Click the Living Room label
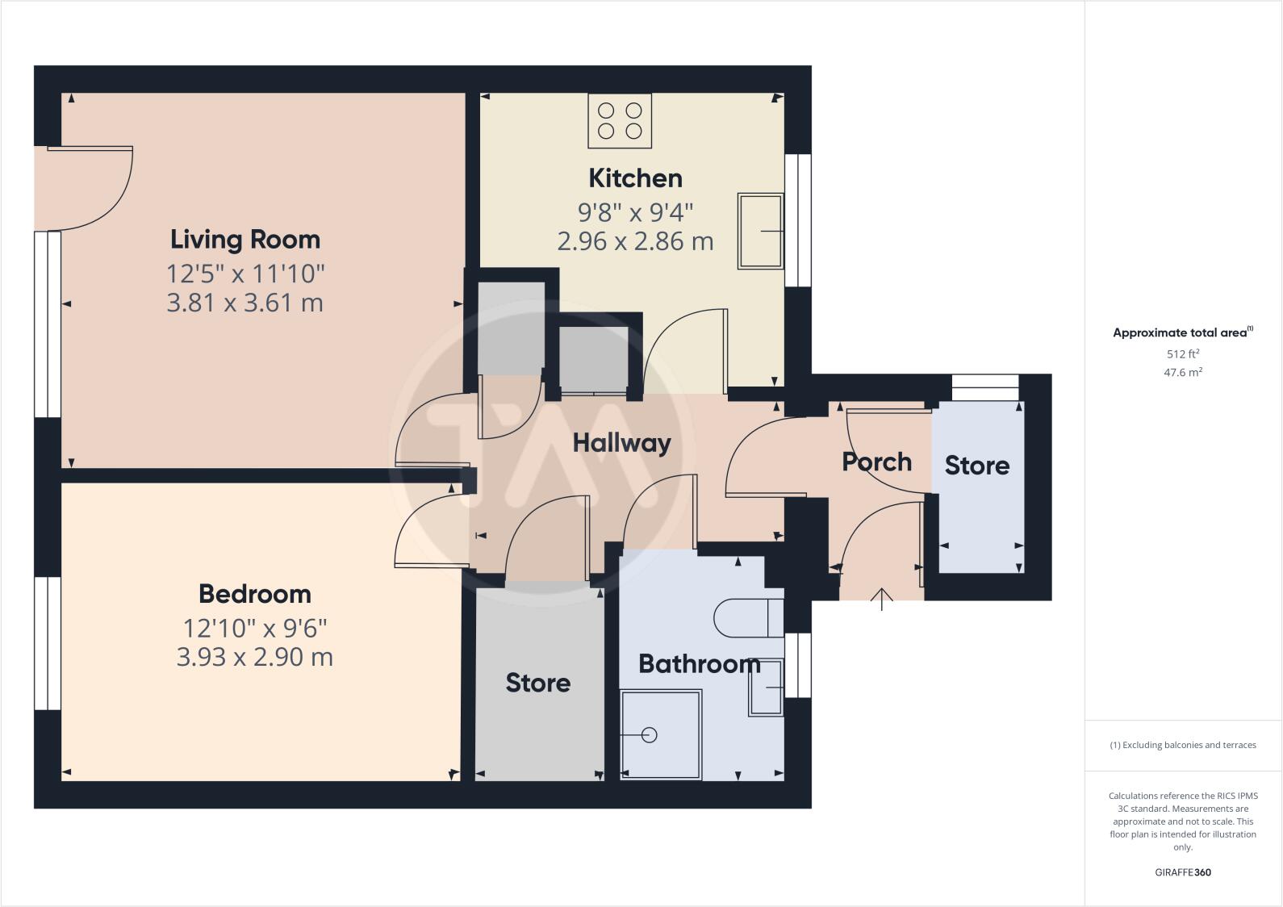click(x=245, y=240)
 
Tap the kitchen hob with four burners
click(x=620, y=121)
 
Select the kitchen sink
click(x=760, y=231)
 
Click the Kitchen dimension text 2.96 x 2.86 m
click(x=635, y=241)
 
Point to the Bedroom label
click(x=255, y=594)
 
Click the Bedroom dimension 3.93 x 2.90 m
click(x=255, y=657)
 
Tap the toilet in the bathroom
click(x=747, y=618)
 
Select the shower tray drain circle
click(x=650, y=735)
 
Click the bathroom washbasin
click(x=766, y=688)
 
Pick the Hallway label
click(x=621, y=443)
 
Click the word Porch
click(x=876, y=462)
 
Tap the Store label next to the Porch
click(x=976, y=466)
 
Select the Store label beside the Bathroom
click(x=537, y=683)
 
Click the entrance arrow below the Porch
click(x=882, y=600)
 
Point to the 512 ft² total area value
click(x=1183, y=353)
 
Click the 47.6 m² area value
click(x=1183, y=372)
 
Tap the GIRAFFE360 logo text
click(x=1183, y=872)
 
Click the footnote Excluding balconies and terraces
click(x=1183, y=745)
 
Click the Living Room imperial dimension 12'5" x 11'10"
click(x=245, y=274)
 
